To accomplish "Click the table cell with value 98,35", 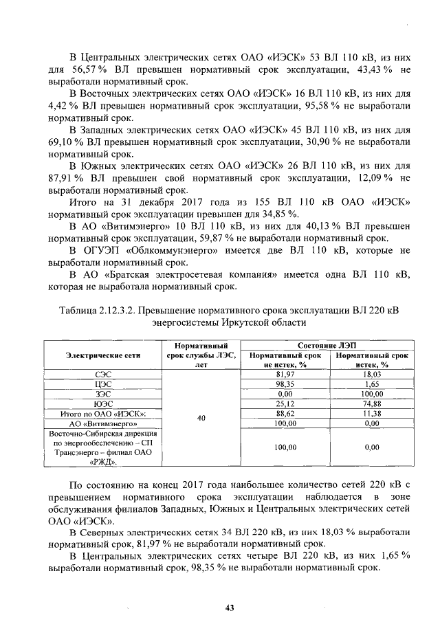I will click(285, 384).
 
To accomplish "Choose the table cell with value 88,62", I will click(285, 414).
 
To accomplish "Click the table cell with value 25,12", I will click(285, 403).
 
